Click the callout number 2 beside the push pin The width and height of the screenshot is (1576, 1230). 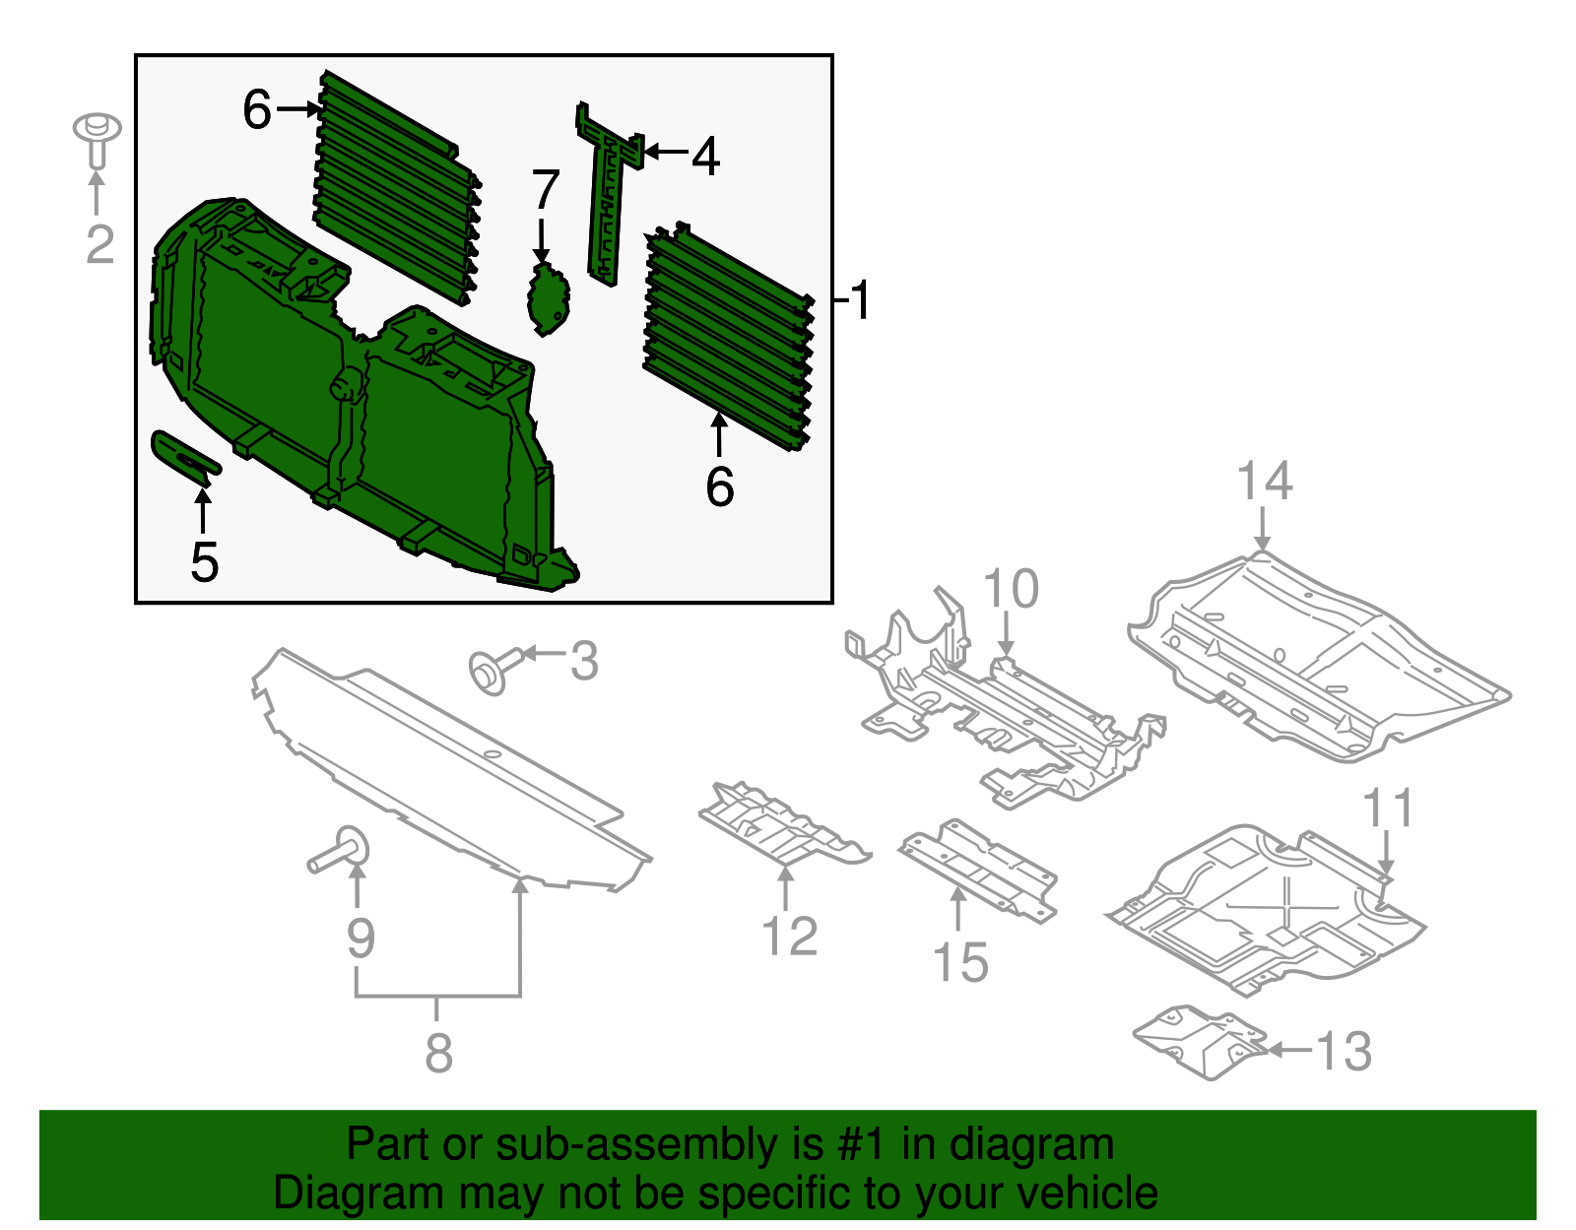pos(99,244)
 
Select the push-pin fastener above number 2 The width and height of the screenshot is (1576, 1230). pos(97,139)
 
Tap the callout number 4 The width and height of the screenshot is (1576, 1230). pos(704,157)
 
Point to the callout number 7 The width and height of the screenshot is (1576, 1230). pos(545,190)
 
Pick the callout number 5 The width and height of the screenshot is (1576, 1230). pos(204,562)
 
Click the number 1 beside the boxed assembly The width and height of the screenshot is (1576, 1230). pos(861,299)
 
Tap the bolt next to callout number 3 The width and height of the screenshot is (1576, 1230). pos(490,671)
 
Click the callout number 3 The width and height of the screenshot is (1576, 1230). pos(584,662)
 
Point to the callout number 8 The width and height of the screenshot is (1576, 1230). pos(438,1053)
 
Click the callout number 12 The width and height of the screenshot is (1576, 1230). pos(790,936)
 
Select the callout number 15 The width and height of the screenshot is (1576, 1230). pos(959,962)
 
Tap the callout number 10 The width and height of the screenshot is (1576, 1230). pos(1011,589)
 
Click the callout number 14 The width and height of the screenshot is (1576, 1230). pos(1264,482)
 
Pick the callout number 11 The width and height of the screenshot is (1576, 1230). pos(1388,809)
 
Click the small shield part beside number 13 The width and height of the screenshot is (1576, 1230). pos(1197,1042)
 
